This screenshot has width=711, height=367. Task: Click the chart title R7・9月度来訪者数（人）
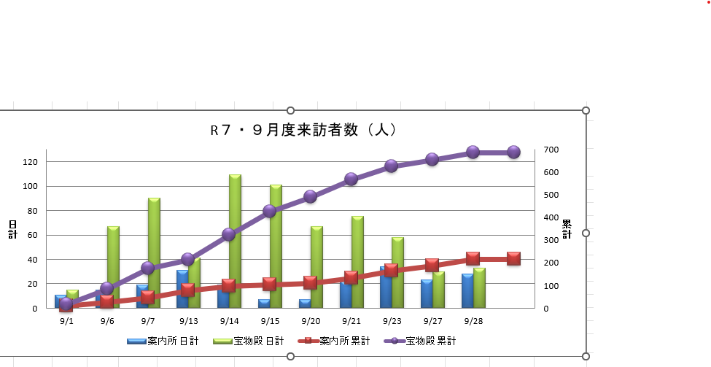[x=303, y=131]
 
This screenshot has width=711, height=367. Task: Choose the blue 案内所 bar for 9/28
[x=467, y=291]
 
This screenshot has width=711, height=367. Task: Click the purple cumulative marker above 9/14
[x=228, y=234]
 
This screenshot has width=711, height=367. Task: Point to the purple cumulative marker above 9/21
[x=351, y=179]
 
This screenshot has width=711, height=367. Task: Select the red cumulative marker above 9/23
[x=391, y=270]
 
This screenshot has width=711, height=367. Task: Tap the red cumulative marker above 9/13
[x=187, y=290]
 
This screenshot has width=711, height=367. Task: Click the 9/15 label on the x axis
[x=270, y=321]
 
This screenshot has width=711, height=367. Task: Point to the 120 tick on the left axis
[x=29, y=162]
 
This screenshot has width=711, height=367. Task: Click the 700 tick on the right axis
[x=551, y=150]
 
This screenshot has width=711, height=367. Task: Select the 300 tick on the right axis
[x=551, y=240]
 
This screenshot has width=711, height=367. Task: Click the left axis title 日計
[x=12, y=229]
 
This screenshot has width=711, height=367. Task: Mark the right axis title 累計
[x=567, y=229]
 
